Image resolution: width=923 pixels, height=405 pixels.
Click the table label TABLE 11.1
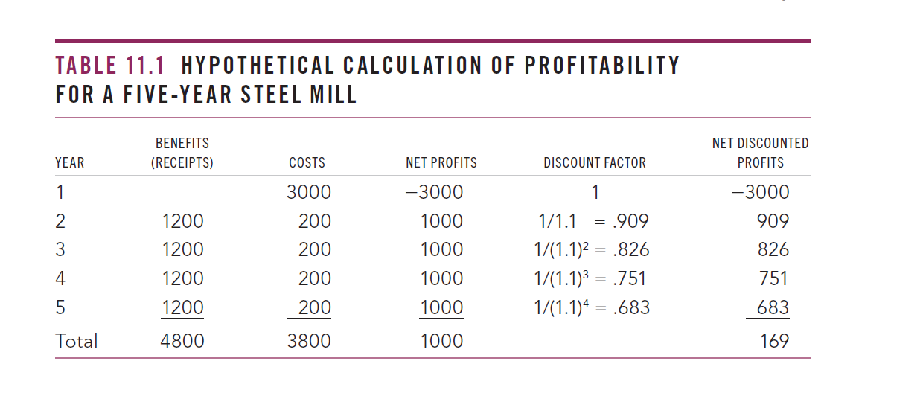pyautogui.click(x=109, y=66)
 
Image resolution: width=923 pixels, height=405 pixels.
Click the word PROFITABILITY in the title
pyautogui.click(x=602, y=66)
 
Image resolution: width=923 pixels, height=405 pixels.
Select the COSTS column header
pyautogui.click(x=307, y=162)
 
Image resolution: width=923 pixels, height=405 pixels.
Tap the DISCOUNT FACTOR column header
pyautogui.click(x=595, y=162)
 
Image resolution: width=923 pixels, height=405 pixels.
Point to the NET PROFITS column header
pyautogui.click(x=441, y=162)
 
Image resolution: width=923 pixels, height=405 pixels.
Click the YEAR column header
pyautogui.click(x=69, y=162)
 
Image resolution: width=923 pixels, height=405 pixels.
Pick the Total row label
pyautogui.click(x=77, y=341)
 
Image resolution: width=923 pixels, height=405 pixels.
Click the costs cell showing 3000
pyautogui.click(x=309, y=192)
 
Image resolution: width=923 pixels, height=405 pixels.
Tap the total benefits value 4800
pyautogui.click(x=182, y=341)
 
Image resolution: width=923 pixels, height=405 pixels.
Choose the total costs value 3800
pyautogui.click(x=309, y=341)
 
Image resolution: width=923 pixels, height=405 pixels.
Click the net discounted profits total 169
pyautogui.click(x=774, y=341)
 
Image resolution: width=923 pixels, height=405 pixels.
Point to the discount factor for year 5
pyautogui.click(x=592, y=307)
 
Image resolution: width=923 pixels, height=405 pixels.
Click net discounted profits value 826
pyautogui.click(x=773, y=249)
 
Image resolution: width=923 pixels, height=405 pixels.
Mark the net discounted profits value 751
pyautogui.click(x=774, y=278)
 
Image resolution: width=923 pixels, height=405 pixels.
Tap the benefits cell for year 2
pyautogui.click(x=182, y=221)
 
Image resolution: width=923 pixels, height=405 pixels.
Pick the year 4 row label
pyautogui.click(x=61, y=278)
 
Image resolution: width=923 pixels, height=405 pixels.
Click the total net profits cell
pyautogui.click(x=441, y=341)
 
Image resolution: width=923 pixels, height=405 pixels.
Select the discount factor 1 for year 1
pyautogui.click(x=594, y=192)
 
